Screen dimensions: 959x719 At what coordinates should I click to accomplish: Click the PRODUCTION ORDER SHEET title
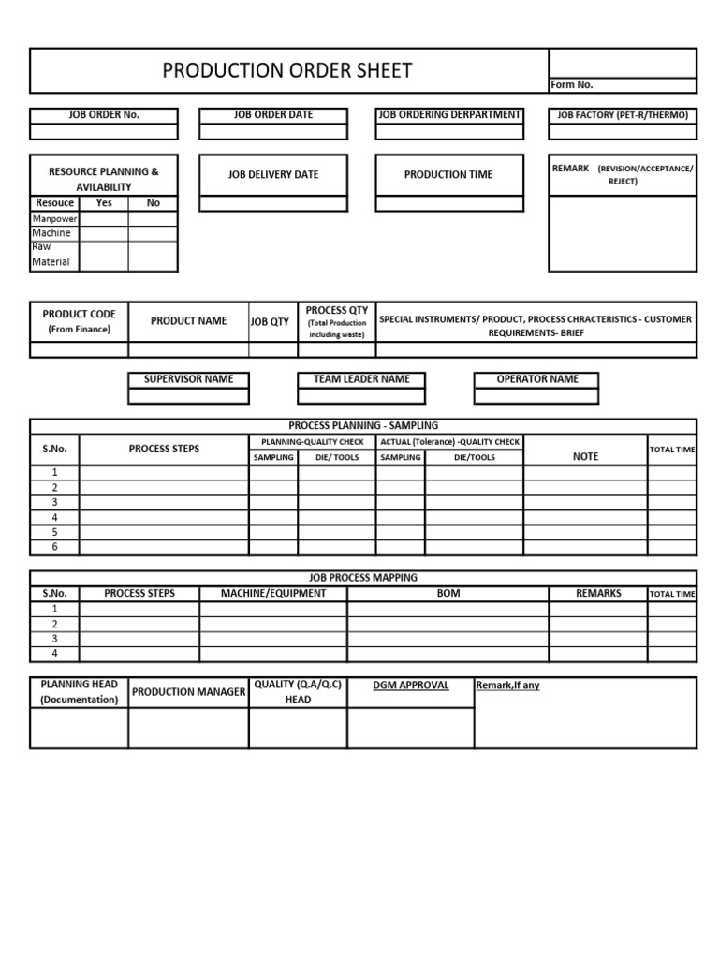point(287,71)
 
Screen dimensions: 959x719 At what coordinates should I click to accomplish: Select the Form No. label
point(571,85)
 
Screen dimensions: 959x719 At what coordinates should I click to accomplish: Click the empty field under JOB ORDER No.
point(104,131)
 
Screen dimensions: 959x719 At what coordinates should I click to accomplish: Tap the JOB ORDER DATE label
point(273,115)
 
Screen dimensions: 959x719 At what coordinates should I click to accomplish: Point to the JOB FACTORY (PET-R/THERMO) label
point(623,115)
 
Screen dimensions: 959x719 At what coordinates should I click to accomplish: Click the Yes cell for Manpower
point(104,219)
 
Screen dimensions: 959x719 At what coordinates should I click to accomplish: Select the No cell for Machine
point(153,233)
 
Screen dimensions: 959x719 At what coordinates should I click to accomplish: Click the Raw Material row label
point(54,255)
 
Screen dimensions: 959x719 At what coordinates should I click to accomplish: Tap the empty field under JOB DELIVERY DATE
point(273,203)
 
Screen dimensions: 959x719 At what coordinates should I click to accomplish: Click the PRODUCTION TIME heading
point(448,175)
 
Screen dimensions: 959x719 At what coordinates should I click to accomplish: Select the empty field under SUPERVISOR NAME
point(188,395)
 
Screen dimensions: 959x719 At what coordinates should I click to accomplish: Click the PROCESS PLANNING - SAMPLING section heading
point(363,426)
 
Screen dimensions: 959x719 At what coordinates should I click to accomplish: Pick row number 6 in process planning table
point(54,547)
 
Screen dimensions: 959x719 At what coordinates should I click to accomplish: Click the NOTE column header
point(585,456)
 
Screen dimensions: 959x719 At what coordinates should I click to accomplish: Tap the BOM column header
point(448,594)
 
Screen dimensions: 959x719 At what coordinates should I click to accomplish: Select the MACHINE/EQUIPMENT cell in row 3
point(273,639)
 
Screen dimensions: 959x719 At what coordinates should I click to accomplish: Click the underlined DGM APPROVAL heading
point(411,686)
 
